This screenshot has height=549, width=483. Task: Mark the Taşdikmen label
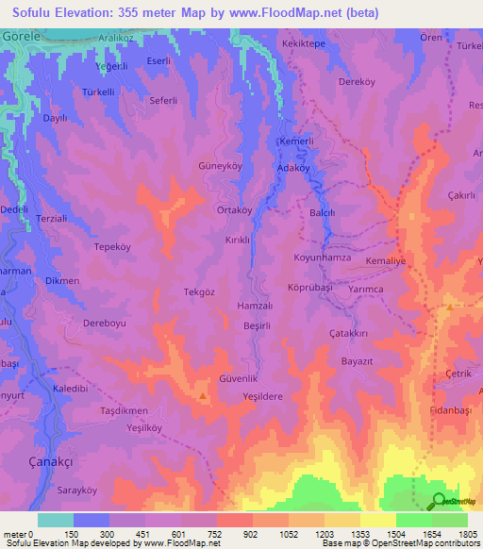(x=125, y=412)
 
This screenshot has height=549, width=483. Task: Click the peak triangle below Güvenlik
(x=204, y=396)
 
